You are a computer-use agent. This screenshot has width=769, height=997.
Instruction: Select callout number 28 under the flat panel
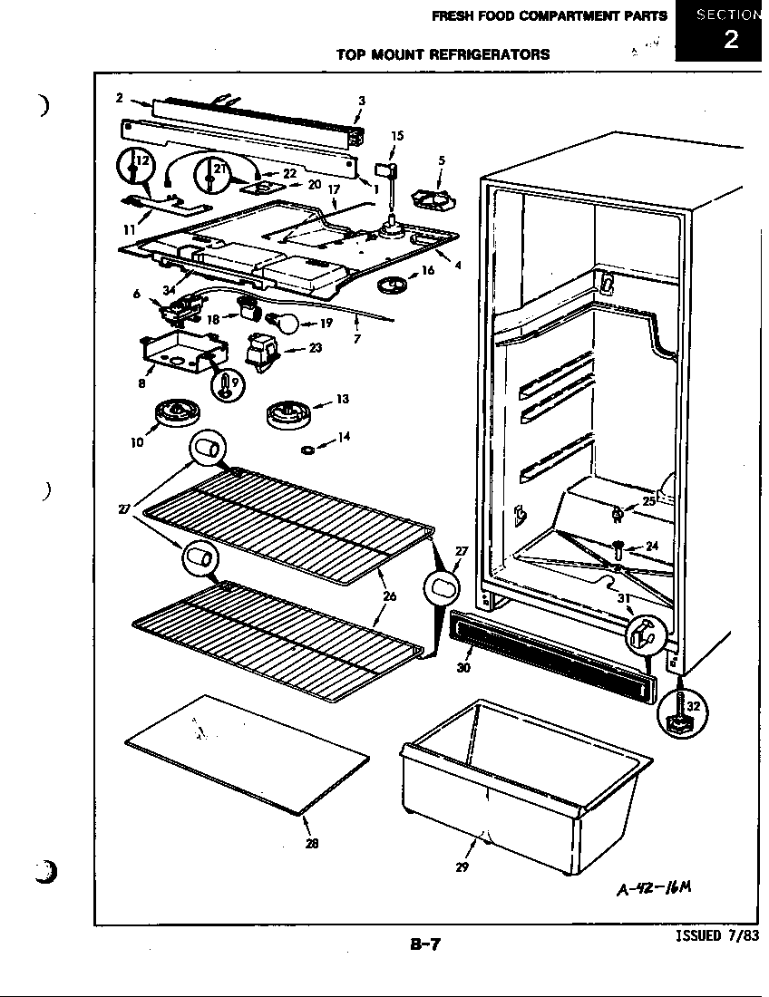312,843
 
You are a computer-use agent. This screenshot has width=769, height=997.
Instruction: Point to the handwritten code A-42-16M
656,886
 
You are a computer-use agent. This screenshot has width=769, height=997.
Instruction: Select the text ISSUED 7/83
716,937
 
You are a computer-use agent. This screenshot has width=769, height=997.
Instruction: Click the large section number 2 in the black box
730,40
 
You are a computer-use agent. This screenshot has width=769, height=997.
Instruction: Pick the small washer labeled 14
308,448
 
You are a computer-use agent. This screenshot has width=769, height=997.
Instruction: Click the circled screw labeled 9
225,386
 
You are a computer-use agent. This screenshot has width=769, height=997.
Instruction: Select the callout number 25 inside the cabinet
647,501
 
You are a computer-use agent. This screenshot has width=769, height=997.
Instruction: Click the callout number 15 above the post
397,136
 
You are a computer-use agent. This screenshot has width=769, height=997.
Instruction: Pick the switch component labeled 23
263,350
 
